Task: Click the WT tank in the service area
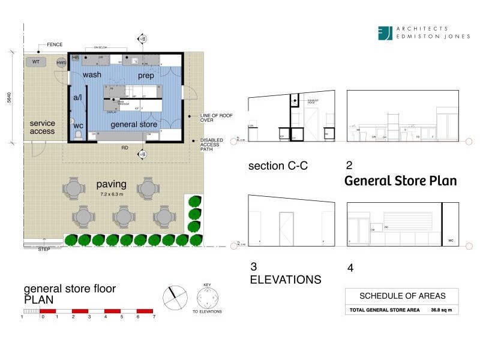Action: click(x=37, y=62)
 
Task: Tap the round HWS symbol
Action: click(x=61, y=62)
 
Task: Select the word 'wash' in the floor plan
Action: click(x=92, y=75)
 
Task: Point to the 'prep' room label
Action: click(x=146, y=76)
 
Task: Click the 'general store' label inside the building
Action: click(x=134, y=124)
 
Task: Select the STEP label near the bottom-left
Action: click(x=44, y=248)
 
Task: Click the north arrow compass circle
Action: click(x=175, y=296)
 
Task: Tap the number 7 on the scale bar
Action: click(x=154, y=316)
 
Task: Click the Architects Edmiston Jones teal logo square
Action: click(x=385, y=33)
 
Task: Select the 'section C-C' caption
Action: click(x=278, y=166)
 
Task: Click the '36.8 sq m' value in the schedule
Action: click(x=440, y=310)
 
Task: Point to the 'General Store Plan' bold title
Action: click(x=400, y=181)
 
